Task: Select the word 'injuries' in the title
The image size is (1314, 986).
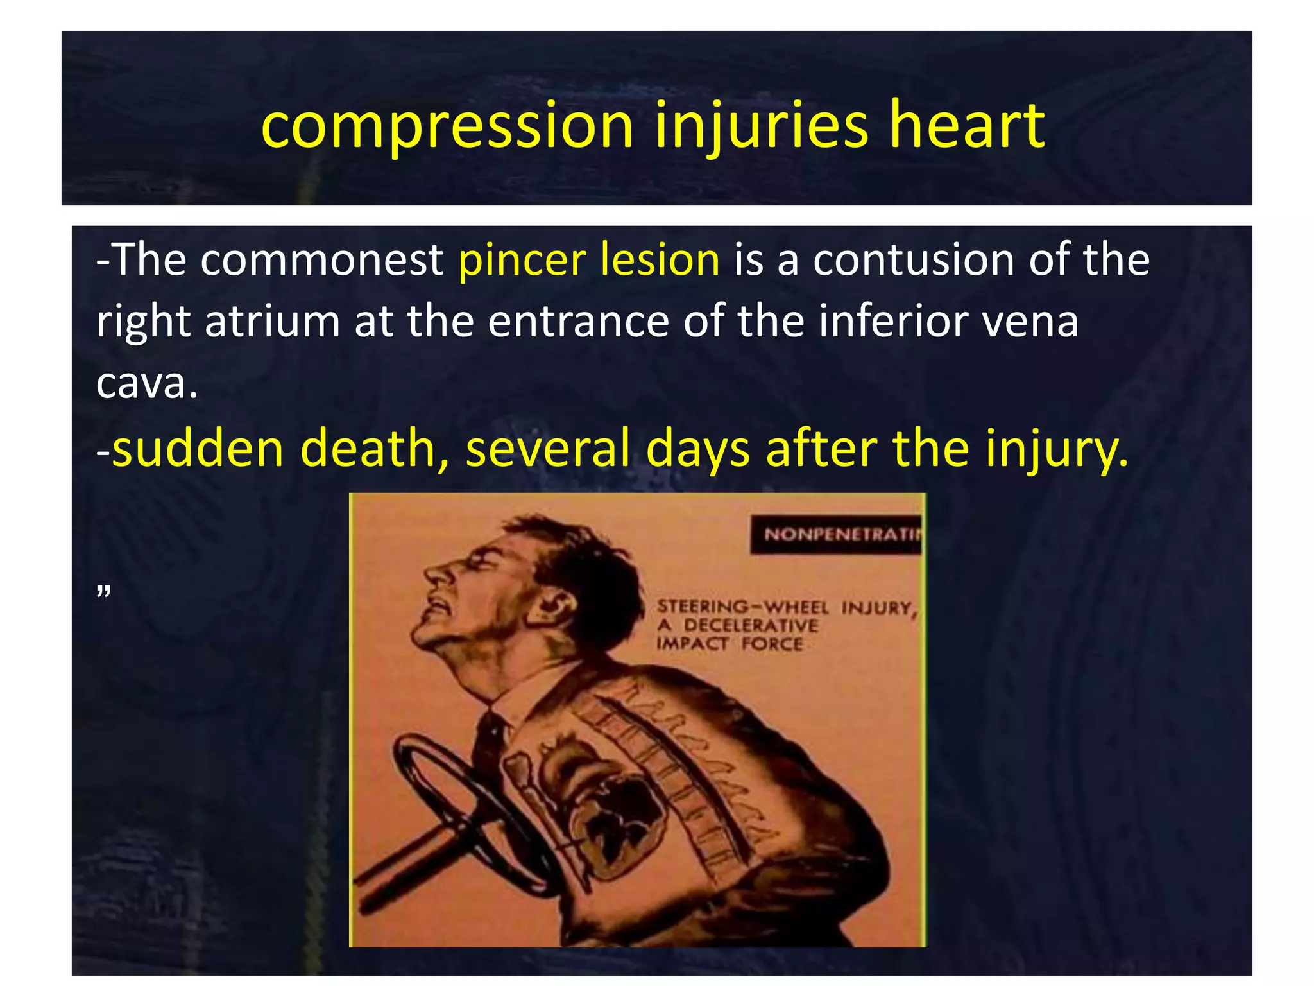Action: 761,126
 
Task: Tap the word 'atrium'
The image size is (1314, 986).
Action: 272,320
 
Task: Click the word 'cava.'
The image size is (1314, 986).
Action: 147,383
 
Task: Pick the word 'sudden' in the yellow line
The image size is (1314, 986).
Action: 198,447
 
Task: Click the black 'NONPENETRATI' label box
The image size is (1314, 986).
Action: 837,534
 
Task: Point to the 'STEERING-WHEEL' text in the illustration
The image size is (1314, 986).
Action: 742,607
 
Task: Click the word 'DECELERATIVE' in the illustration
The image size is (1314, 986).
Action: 751,625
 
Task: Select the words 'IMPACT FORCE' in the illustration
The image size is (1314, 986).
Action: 730,644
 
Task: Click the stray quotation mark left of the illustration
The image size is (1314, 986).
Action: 103,591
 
